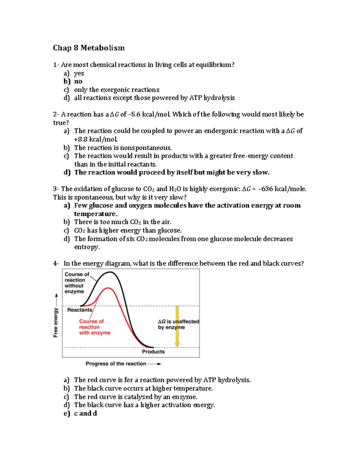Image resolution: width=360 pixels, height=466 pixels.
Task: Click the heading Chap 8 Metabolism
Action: coord(88,48)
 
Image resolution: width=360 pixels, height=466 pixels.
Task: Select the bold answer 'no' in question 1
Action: coord(78,81)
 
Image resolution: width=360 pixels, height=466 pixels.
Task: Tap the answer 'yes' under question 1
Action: coord(79,73)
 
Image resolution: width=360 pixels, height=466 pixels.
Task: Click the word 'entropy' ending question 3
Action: coord(86,247)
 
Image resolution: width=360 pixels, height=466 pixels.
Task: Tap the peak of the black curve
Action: coord(111,272)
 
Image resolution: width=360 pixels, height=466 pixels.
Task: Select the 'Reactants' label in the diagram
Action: coord(79,310)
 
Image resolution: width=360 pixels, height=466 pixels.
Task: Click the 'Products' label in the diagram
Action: coord(153,352)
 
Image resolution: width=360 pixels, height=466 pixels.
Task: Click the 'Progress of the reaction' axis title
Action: coord(116,364)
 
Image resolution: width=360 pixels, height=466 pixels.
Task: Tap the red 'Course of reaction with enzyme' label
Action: coord(94,327)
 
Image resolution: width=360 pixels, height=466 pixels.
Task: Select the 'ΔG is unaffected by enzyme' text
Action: coord(178,324)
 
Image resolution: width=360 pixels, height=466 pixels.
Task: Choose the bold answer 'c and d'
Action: coord(85,413)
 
